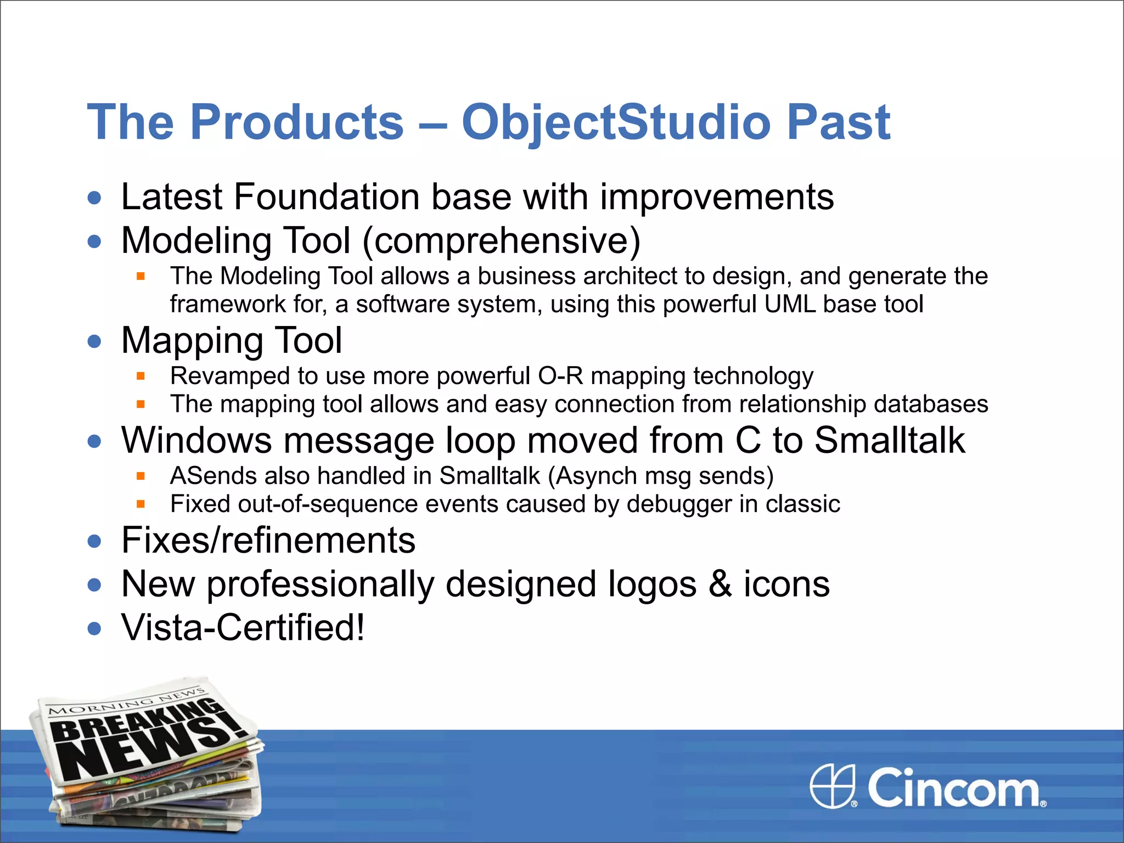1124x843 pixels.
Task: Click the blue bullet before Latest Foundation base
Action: (94, 198)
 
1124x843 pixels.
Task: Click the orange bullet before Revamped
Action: (140, 376)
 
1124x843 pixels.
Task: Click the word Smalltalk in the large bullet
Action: (889, 441)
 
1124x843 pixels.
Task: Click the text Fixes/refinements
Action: (268, 541)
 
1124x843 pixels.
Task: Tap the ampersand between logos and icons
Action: (720, 584)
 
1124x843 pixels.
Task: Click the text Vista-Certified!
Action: (243, 628)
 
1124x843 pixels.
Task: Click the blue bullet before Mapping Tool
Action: (94, 341)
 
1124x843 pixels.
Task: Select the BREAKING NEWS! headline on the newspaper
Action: (148, 741)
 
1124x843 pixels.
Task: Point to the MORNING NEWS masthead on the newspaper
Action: (126, 702)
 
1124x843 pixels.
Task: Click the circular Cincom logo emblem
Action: (833, 786)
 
